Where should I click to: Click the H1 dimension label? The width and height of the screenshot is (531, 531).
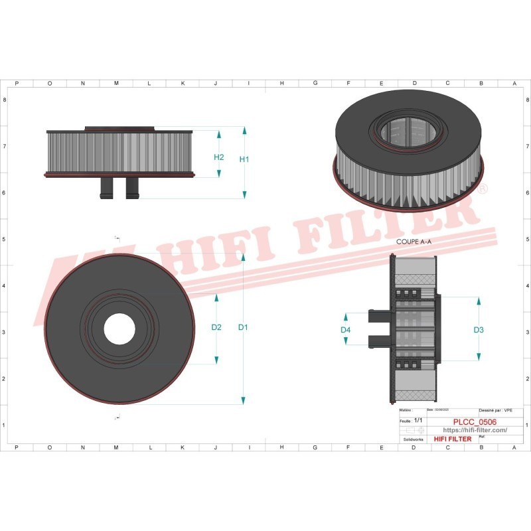tap(244, 160)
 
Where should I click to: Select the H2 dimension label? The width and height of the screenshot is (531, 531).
tap(219, 157)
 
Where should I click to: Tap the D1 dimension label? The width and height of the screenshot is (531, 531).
tap(243, 327)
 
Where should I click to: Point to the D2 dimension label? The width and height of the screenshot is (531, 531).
tap(216, 327)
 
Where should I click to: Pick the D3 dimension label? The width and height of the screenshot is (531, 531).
tap(479, 330)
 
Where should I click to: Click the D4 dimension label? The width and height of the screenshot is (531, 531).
tap(346, 330)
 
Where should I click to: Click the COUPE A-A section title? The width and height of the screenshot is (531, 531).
tap(414, 242)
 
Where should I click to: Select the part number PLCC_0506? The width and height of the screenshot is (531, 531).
tap(474, 421)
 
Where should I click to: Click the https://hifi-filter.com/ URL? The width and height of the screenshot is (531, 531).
tap(474, 430)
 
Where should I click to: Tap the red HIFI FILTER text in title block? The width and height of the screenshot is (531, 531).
tap(452, 439)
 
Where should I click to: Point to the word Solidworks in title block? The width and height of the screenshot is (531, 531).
tap(414, 439)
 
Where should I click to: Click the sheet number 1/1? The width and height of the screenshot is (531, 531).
tap(418, 421)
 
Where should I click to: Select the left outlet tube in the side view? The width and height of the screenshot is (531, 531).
tap(106, 187)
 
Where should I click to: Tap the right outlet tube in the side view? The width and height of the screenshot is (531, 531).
tap(131, 187)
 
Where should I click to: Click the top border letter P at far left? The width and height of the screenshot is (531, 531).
tap(17, 84)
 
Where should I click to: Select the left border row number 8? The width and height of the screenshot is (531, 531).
tap(5, 100)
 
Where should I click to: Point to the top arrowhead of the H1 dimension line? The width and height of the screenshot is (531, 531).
tap(244, 129)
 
